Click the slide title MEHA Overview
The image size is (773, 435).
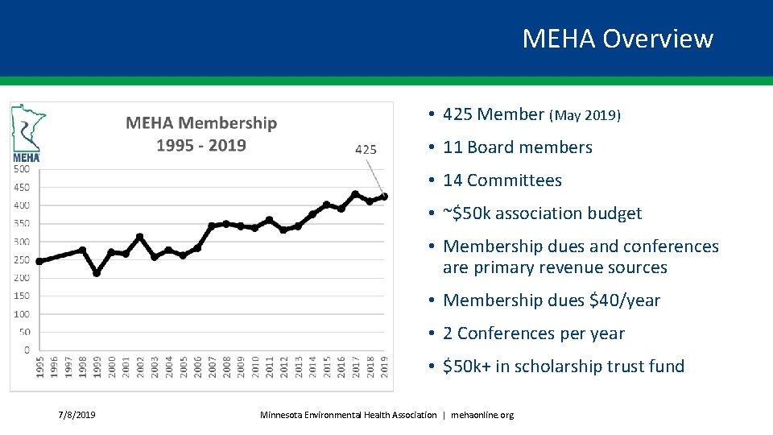click(x=618, y=39)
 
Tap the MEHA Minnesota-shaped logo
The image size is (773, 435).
click(x=27, y=133)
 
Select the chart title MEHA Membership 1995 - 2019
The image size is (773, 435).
click(x=201, y=134)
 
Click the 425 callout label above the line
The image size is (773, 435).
click(x=365, y=149)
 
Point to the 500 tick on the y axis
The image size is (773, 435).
click(x=22, y=168)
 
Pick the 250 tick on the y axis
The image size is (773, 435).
click(x=22, y=259)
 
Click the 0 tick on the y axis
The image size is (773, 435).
click(x=27, y=350)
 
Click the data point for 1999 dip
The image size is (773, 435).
click(x=97, y=273)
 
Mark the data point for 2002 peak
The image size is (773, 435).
click(x=140, y=237)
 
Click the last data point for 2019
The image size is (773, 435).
click(x=384, y=197)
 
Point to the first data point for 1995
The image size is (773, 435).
click(x=39, y=261)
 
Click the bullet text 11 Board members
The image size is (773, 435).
click(x=517, y=147)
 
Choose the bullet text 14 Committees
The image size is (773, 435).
click(x=502, y=180)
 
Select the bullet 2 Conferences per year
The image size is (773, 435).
click(x=534, y=333)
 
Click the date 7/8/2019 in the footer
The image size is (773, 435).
click(x=76, y=415)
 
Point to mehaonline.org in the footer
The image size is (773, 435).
click(x=482, y=415)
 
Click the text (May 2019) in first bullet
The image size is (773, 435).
click(x=585, y=115)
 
